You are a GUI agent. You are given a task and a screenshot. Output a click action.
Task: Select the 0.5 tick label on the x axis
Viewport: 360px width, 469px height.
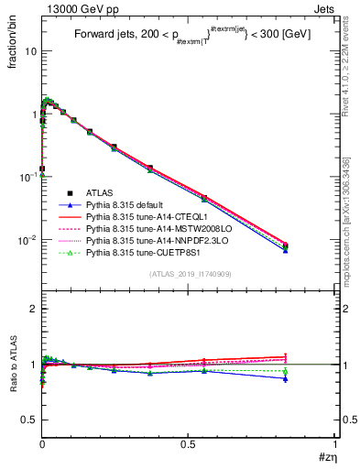(189, 444)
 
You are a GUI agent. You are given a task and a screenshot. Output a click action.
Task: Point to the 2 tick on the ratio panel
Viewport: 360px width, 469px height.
(32, 309)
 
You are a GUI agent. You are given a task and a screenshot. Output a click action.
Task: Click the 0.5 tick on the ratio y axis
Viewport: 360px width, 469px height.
(27, 420)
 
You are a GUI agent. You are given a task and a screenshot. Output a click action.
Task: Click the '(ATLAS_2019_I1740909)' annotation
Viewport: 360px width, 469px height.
(189, 274)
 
